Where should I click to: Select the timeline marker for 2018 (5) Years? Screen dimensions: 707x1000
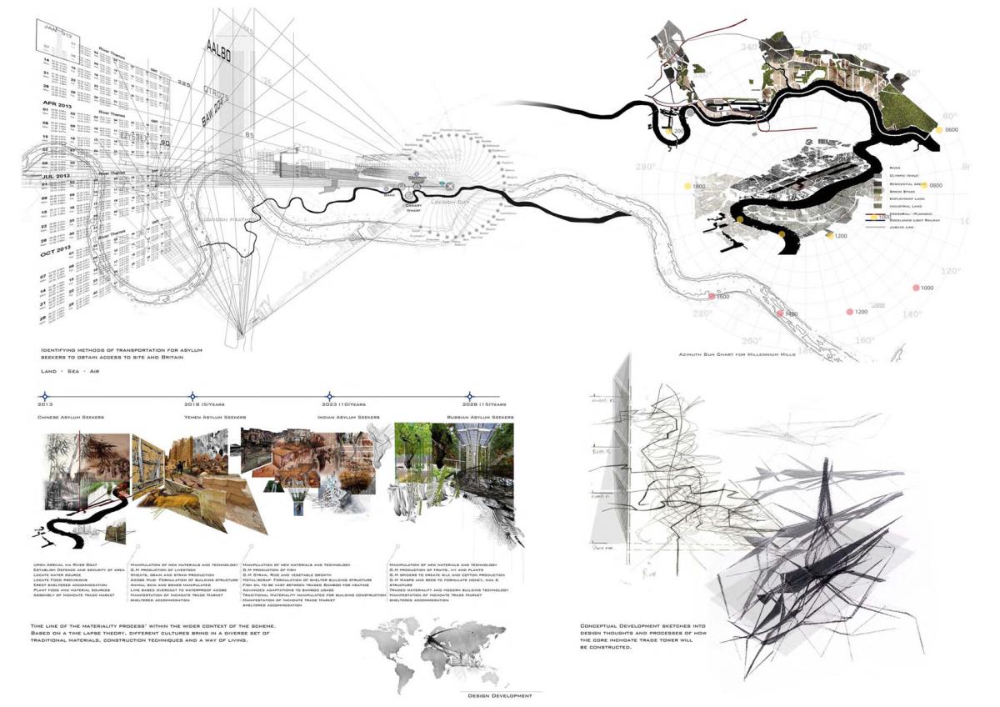[192, 397]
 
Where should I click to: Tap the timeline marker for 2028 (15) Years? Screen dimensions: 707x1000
[469, 397]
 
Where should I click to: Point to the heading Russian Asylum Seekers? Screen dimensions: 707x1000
[476, 416]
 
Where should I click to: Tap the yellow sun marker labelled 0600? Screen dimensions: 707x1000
[939, 130]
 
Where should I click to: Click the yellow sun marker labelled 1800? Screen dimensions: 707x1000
[687, 187]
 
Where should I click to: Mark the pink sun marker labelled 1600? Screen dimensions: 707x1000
[712, 297]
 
